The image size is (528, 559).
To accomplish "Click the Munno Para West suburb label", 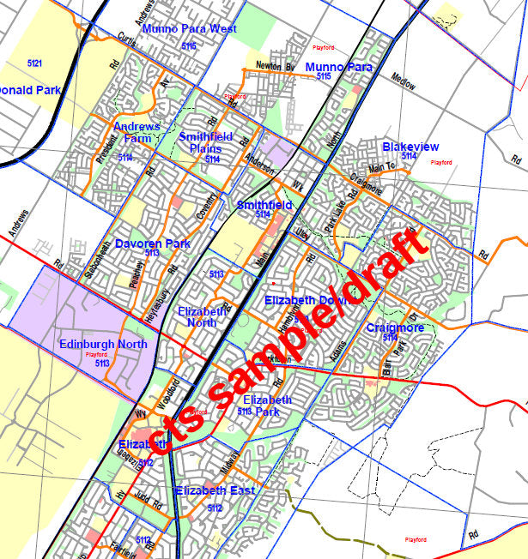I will pyautogui.click(x=189, y=29).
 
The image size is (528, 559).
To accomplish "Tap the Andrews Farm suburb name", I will pyautogui.click(x=137, y=132).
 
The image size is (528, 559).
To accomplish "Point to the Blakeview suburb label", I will pyautogui.click(x=410, y=147).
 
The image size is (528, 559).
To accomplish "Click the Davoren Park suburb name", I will pyautogui.click(x=153, y=244).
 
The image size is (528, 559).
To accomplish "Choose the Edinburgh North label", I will pyautogui.click(x=103, y=345).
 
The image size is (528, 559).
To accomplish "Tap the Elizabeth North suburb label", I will pyautogui.click(x=203, y=316).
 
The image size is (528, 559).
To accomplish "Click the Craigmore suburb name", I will pyautogui.click(x=394, y=328).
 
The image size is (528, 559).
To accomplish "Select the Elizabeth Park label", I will pyautogui.click(x=267, y=400).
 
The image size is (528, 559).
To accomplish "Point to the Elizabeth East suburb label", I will pyautogui.click(x=215, y=490).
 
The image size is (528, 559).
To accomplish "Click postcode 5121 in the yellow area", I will pyautogui.click(x=34, y=64).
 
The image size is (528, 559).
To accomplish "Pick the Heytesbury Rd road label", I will pyautogui.click(x=160, y=293).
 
